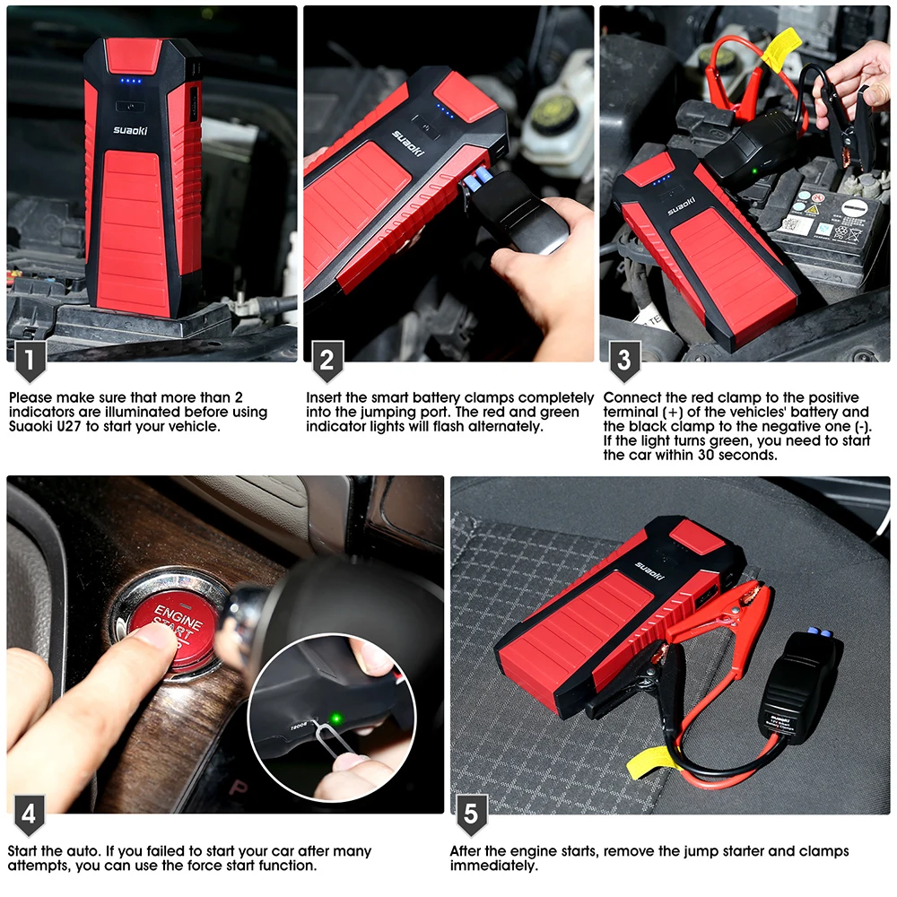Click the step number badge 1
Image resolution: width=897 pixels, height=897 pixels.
tap(30, 361)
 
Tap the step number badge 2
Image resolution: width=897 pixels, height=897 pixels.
tap(327, 361)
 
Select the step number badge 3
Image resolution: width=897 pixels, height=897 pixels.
tap(624, 361)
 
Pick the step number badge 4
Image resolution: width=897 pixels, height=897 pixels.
tap(30, 814)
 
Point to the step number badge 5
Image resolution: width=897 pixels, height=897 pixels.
tap(472, 814)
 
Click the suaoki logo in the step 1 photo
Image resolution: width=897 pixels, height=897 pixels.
tap(130, 130)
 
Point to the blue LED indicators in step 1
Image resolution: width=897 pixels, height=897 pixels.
tap(130, 81)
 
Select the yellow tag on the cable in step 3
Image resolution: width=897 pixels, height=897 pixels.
tap(781, 48)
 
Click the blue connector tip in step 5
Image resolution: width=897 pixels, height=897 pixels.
tap(819, 632)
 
